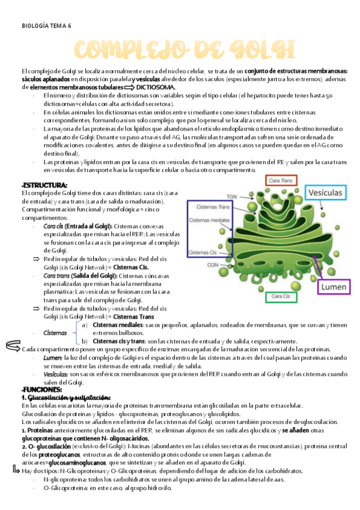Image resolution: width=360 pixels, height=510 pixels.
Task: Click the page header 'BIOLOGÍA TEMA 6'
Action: tap(46, 26)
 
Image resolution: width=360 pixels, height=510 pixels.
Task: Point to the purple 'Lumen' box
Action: tap(334, 287)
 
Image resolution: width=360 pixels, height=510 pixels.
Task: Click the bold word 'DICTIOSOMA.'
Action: tap(159, 87)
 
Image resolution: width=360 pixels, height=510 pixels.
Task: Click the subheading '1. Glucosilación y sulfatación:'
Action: tap(66, 398)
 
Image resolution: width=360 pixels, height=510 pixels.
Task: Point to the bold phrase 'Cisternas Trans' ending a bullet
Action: tap(133, 318)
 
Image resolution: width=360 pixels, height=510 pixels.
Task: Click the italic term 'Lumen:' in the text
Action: tap(52, 357)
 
